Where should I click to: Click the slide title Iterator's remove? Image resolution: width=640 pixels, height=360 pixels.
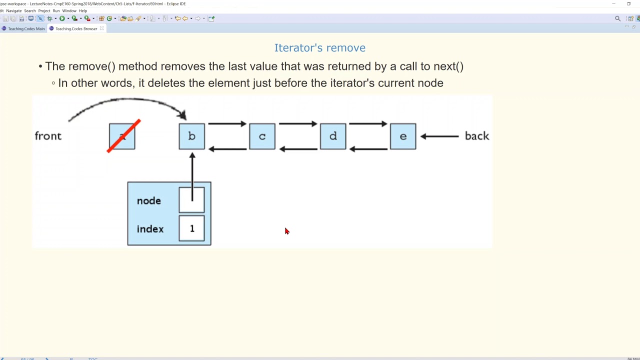point(319,48)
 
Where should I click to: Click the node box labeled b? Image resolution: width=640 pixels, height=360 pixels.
point(192,136)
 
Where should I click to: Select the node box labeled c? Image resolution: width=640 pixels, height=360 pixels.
point(262,136)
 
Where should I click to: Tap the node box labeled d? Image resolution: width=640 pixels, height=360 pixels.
point(333,136)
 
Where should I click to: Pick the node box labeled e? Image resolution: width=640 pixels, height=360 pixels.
point(403,136)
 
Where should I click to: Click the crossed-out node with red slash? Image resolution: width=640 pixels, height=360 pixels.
point(122,136)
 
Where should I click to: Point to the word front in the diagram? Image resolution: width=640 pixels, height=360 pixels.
point(48,136)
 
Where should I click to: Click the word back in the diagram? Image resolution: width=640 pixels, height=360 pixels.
point(477,136)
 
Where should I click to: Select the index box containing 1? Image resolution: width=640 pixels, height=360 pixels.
point(192,228)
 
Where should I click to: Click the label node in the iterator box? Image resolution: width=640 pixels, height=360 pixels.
point(149,201)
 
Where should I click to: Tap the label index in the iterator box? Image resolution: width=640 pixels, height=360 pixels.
point(150,229)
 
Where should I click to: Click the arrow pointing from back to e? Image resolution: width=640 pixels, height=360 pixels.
point(439,136)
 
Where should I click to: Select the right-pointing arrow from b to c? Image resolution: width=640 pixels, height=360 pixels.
point(227,124)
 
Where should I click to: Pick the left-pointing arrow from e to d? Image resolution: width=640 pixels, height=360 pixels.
point(368,148)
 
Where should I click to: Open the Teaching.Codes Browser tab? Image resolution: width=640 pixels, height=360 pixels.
point(76,28)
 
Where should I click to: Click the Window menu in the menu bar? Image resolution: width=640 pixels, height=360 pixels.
point(69,10)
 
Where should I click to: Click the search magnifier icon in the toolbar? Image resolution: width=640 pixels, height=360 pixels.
point(617,18)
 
